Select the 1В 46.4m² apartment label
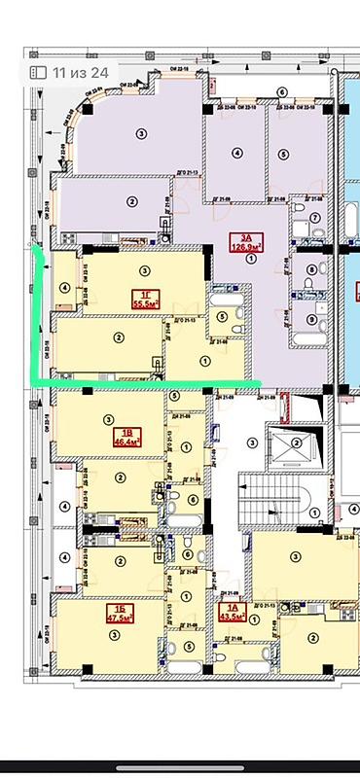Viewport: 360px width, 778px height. click(125, 438)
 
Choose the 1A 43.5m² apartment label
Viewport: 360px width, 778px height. click(232, 614)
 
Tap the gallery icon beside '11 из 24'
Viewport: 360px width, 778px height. click(38, 71)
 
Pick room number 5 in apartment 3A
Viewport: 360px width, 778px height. click(281, 153)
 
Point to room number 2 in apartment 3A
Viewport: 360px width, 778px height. click(131, 200)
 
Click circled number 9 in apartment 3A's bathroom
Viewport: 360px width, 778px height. click(311, 319)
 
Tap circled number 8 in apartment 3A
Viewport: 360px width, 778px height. click(311, 269)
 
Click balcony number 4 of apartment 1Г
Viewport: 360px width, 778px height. click(63, 287)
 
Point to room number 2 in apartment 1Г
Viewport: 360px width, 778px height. click(118, 337)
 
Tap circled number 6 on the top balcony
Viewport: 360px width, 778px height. click(281, 91)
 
